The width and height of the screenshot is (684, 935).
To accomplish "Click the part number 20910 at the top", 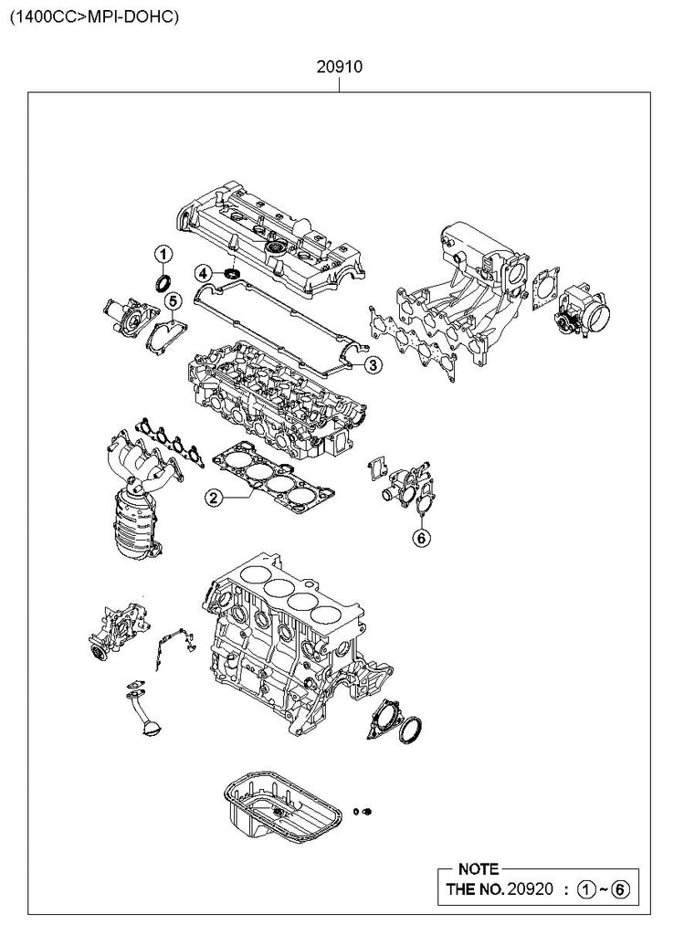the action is coord(339,67).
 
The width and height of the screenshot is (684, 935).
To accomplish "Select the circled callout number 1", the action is coord(163,254).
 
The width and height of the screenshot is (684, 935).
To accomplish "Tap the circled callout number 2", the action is coord(213,497).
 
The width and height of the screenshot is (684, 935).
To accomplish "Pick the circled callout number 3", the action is coord(372,364).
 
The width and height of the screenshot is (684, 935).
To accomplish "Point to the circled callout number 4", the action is coord(204,274).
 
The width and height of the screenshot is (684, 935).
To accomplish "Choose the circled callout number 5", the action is coord(172,300).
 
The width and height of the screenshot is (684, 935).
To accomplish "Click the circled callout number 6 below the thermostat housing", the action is coord(421,537).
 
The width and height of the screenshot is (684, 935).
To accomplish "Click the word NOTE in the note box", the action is coord(479,869).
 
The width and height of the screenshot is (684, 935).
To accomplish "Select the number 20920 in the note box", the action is coord(531,889).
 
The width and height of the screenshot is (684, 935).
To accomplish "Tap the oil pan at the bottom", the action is coord(283,808).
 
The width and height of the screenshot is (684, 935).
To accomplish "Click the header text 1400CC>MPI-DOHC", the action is coord(94,16).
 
